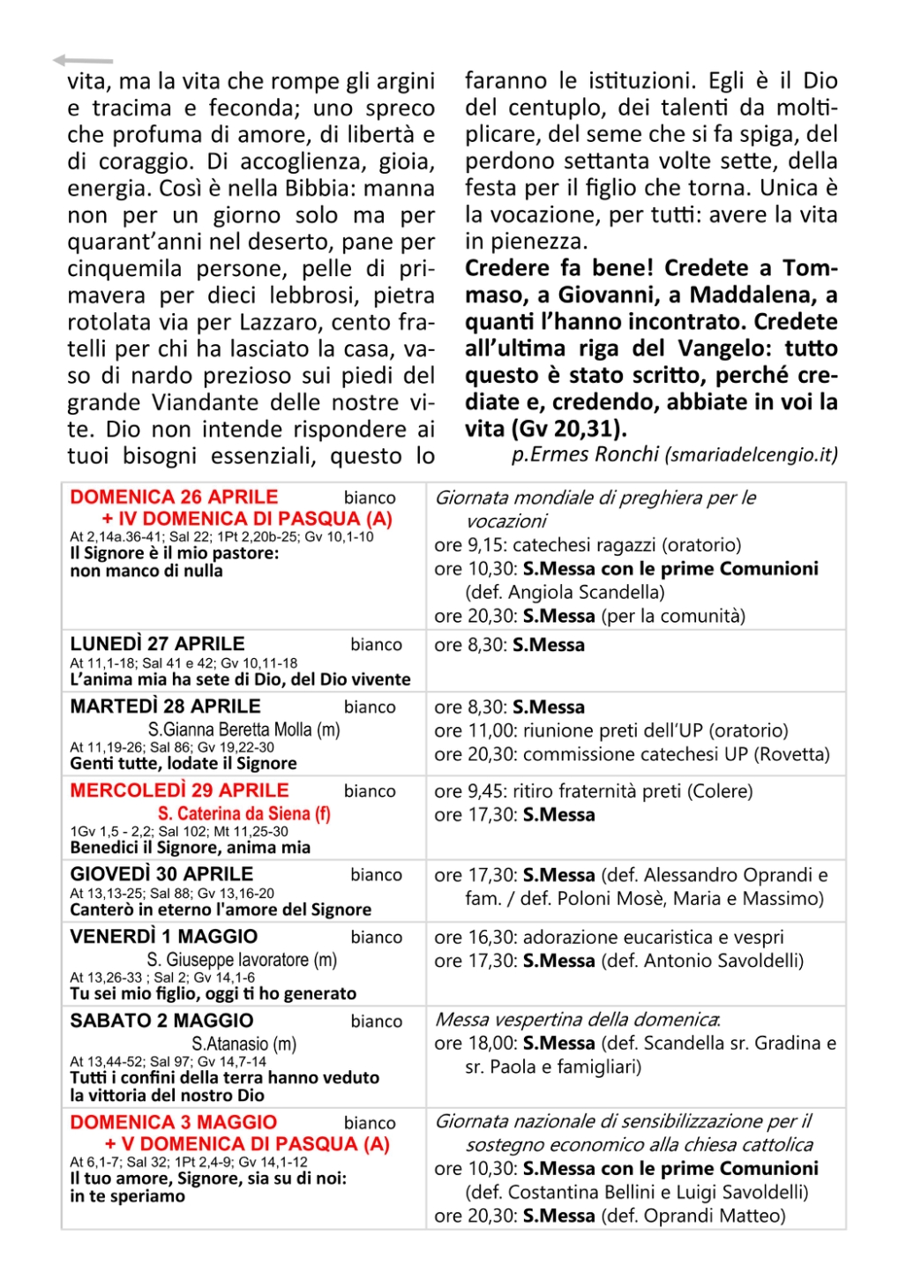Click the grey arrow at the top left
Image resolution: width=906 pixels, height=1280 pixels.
[x=82, y=60]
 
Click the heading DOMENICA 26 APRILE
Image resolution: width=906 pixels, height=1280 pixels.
[x=174, y=497]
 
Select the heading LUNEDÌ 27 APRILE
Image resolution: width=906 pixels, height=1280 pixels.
[x=157, y=644]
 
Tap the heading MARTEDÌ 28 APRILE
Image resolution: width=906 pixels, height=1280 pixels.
[x=165, y=707]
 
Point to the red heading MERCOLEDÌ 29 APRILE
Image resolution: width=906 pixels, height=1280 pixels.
[x=179, y=790]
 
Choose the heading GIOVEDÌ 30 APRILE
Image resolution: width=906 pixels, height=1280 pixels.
[x=161, y=874]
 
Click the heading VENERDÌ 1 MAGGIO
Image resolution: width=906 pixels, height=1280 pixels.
[x=164, y=937]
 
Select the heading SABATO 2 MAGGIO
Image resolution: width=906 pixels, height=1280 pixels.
[x=161, y=1021]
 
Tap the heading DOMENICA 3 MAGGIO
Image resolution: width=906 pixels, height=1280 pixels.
[x=173, y=1122]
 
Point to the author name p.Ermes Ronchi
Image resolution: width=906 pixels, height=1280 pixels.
[x=585, y=454]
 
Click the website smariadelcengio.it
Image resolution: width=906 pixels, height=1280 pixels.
[x=751, y=455]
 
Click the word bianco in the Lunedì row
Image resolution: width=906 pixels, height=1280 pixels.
[x=376, y=645]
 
